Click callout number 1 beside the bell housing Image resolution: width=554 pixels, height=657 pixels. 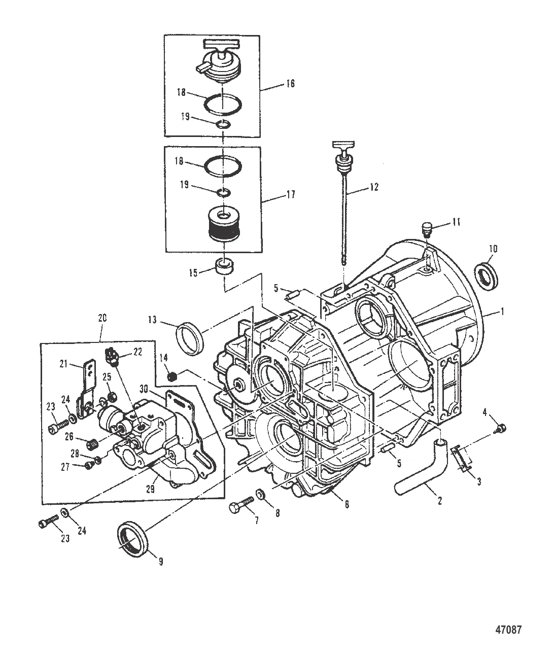(x=502, y=313)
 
